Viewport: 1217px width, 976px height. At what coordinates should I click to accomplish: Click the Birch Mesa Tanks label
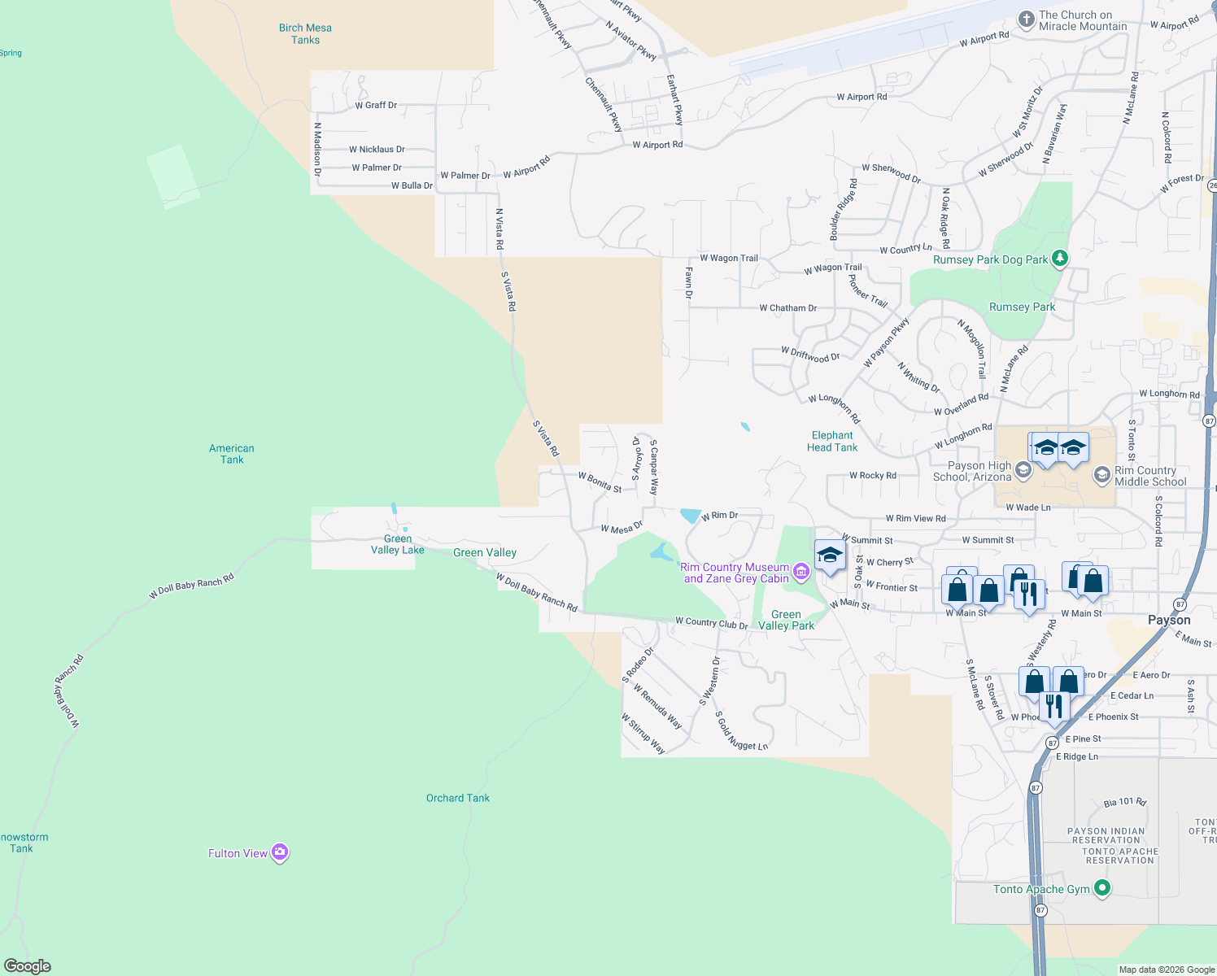pos(305,33)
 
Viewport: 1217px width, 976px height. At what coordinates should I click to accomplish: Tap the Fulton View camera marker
pos(280,852)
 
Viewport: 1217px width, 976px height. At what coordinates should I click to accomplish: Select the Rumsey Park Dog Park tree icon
pos(1059,259)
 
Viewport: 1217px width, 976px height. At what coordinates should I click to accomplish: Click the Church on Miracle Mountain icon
pos(1027,19)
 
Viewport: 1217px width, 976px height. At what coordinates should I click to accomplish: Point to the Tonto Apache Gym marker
pos(1102,888)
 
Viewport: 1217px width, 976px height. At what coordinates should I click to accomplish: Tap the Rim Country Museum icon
pos(801,572)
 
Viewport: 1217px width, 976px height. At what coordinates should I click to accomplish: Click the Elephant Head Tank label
pos(832,441)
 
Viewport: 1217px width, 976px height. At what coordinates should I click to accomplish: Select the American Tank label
pos(232,454)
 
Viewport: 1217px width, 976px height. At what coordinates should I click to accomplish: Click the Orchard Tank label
pos(458,798)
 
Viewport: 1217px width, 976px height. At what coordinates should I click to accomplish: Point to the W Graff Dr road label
pos(376,105)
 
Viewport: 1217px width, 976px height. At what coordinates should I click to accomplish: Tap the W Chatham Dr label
pos(787,308)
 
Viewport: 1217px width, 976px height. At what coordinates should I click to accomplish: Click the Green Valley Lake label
pos(398,544)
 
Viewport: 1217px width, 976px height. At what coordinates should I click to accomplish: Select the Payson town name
pos(1169,620)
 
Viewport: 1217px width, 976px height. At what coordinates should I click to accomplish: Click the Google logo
pos(28,966)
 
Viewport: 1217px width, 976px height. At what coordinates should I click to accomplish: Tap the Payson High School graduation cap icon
pos(1023,469)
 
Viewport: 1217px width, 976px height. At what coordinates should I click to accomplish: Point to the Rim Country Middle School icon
pos(1101,474)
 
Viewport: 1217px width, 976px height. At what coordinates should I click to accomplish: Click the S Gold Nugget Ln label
pos(741,731)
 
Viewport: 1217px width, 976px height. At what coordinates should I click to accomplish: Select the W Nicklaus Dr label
pos(377,150)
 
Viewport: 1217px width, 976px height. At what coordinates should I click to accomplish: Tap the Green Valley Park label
pos(786,620)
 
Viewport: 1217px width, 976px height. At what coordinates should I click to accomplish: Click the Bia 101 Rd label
pos(1124,802)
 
